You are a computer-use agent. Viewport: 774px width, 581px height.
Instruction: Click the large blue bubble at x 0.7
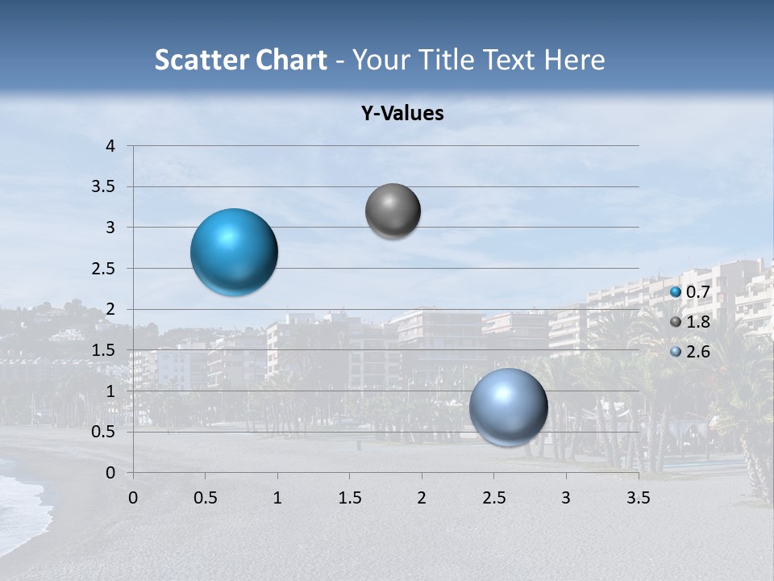pos(235,252)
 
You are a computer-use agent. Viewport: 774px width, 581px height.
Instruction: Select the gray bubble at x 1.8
pos(393,211)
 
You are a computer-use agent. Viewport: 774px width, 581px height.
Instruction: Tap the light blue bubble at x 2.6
pos(508,407)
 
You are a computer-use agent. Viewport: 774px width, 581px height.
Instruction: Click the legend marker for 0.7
pos(676,291)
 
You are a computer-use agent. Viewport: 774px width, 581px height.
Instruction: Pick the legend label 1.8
pos(698,322)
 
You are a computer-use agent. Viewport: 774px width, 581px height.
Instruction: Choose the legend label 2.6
pos(698,352)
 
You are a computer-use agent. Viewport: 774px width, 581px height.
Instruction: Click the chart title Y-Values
pos(402,114)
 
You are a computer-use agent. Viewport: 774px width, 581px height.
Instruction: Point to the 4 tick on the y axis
pos(111,146)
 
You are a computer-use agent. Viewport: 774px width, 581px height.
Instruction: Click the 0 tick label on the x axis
pos(133,497)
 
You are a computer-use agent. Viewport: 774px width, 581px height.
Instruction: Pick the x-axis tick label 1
pos(277,497)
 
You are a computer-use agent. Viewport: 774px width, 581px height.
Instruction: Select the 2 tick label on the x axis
pos(422,497)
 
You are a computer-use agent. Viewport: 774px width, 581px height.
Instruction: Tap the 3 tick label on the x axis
pos(566,497)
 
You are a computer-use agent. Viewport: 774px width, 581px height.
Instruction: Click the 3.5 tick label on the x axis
pos(638,497)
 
